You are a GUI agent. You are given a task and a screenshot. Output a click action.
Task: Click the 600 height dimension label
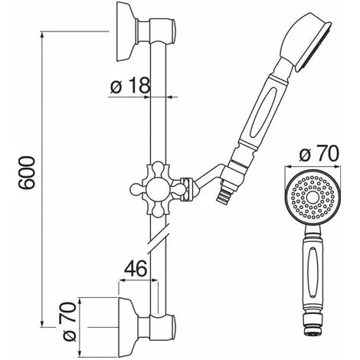27,172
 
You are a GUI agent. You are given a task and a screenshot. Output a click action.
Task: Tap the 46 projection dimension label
136,268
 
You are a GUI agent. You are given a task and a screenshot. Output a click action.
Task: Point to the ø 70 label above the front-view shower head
319,153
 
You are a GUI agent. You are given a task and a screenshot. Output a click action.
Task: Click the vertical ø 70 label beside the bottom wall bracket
70,321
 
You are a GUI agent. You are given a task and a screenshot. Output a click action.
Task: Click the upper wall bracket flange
126,31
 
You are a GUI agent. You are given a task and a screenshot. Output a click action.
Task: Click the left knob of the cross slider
136,190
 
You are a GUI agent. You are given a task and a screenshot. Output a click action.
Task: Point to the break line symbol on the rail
158,239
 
